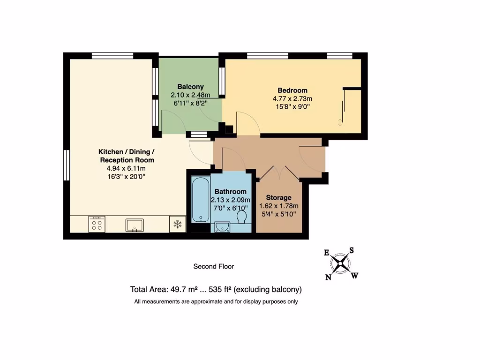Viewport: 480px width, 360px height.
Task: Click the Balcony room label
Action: point(190,87)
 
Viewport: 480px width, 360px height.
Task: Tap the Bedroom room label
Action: point(292,90)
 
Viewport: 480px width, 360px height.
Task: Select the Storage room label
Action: point(278,198)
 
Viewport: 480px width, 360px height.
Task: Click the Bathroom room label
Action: point(230,192)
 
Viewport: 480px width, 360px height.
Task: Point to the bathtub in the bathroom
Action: point(200,199)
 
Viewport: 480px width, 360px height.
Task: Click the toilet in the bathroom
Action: point(242,217)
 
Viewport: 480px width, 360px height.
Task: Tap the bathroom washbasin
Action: point(221,227)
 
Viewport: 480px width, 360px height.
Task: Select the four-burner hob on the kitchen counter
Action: point(97,224)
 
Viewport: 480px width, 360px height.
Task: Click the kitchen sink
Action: point(135,225)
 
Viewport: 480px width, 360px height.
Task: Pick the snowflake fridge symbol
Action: point(178,224)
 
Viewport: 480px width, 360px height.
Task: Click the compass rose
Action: point(341,263)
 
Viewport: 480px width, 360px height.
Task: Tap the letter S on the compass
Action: point(351,250)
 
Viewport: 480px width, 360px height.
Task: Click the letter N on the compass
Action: point(328,277)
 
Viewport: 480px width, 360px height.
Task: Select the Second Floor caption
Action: point(214,266)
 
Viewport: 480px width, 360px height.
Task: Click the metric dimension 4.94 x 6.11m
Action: point(126,168)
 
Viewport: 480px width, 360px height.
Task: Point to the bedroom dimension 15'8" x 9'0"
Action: point(292,106)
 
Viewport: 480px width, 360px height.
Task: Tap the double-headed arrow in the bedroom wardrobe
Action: point(340,122)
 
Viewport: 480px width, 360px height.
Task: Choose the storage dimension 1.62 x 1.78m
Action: point(278,206)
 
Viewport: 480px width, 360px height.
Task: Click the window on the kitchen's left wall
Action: point(66,165)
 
